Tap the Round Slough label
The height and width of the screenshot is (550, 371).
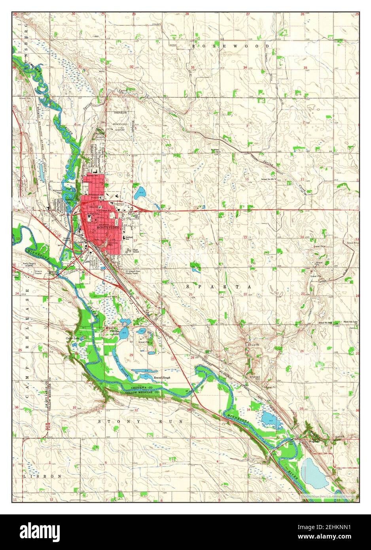[162, 378]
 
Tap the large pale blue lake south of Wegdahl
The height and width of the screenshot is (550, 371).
[314, 473]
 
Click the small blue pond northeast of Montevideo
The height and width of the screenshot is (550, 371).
[140, 193]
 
